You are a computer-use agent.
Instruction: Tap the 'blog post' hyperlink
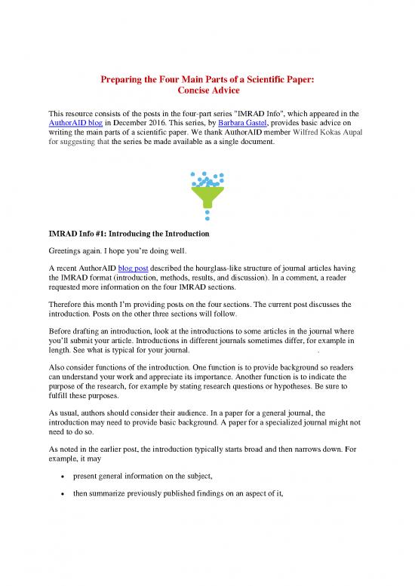coord(137,277)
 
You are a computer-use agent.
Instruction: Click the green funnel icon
coord(207,189)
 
